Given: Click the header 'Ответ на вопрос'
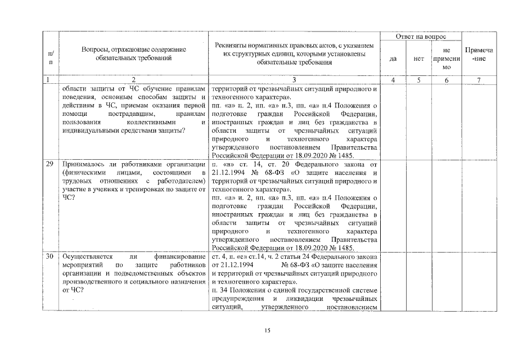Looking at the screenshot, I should point(421,36).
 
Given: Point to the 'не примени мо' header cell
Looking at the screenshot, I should point(447,58).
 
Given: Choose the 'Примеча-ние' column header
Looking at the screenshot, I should point(479,54).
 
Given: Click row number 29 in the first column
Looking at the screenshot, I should point(49,164).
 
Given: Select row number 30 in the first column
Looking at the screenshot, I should point(49,256).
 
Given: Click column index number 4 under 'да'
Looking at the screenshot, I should point(394,80).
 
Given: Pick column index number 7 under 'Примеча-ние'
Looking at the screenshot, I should point(479,80).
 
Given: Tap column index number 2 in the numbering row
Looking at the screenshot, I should point(133,80).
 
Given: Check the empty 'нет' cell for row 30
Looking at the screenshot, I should point(418,282).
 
